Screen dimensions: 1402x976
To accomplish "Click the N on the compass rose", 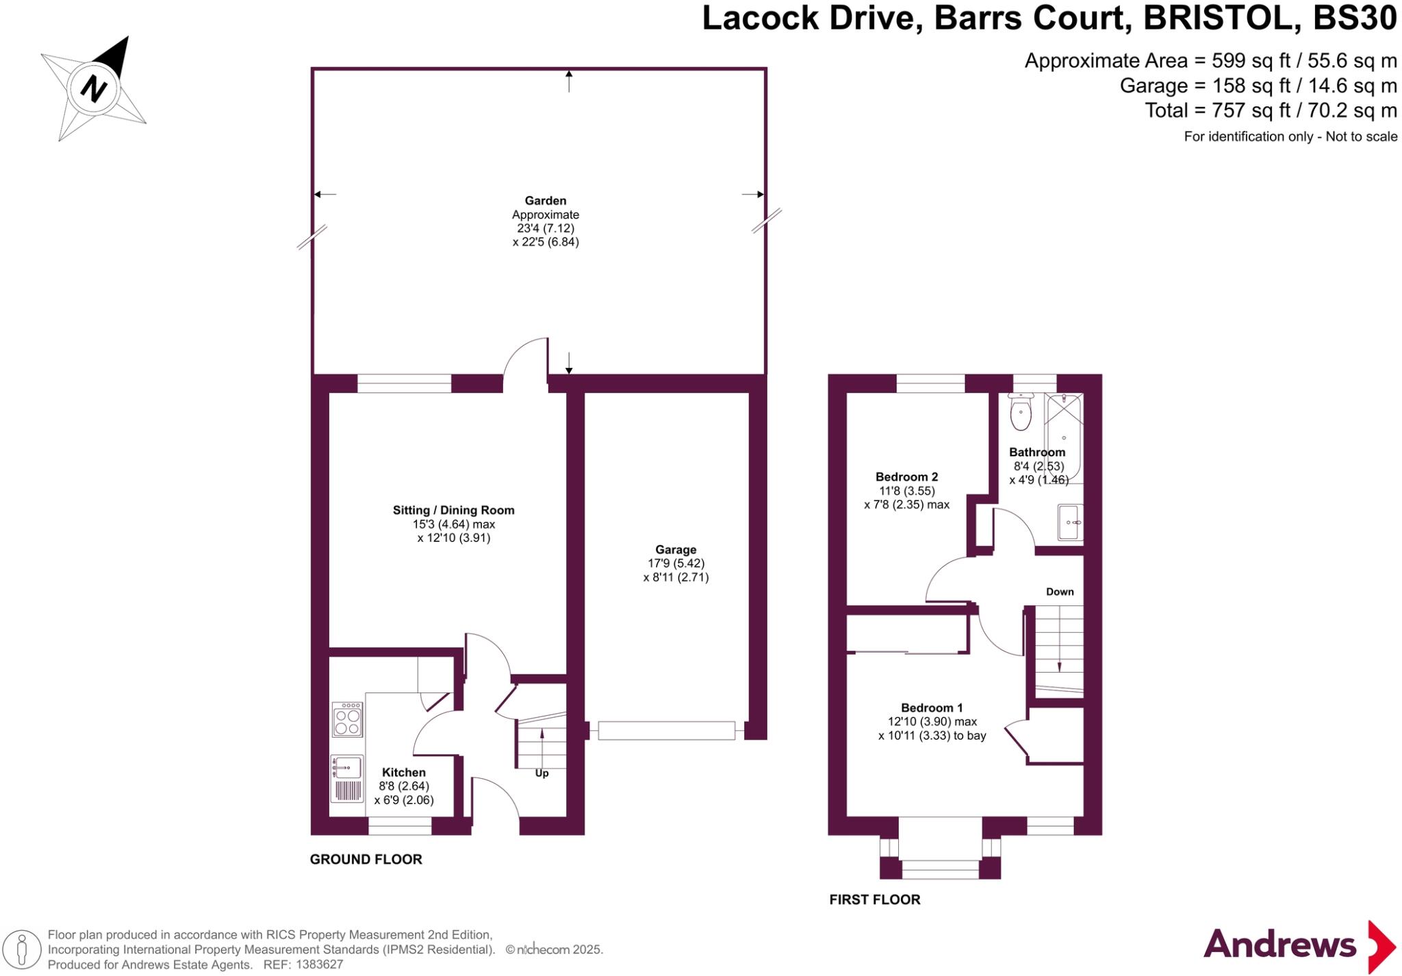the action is (x=94, y=88).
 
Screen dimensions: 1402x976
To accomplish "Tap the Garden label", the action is (x=546, y=201).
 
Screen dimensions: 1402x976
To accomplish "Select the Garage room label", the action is (x=676, y=549).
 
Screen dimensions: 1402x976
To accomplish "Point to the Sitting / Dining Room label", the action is (x=453, y=510).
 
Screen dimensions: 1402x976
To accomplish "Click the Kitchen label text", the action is (x=404, y=773).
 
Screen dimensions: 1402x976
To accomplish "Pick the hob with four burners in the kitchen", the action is (x=347, y=719).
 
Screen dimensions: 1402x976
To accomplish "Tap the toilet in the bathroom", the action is (x=1021, y=412).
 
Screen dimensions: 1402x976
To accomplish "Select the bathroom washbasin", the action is (x=1070, y=523).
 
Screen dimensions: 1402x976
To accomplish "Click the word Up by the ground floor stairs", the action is (x=541, y=773).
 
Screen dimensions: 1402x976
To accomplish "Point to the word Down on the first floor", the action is (x=1060, y=592).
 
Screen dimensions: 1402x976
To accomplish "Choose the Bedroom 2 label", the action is (x=907, y=477).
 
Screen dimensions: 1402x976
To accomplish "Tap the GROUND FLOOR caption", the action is (x=366, y=860).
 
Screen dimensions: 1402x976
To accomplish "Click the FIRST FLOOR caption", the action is (x=875, y=900).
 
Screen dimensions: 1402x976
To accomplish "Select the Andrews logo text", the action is (x=1279, y=946).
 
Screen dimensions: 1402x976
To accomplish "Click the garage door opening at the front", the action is (x=666, y=731).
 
